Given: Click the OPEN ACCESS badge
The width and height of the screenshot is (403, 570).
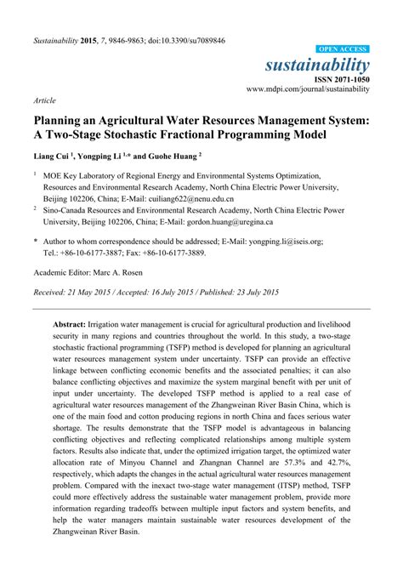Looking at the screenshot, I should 343,50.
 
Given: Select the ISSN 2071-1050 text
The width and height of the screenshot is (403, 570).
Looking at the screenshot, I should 341,78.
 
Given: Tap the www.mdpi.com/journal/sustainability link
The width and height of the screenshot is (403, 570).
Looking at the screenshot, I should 308,88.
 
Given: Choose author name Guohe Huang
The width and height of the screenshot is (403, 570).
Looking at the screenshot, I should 179,157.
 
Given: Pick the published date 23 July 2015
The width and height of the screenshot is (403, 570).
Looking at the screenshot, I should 250,292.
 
